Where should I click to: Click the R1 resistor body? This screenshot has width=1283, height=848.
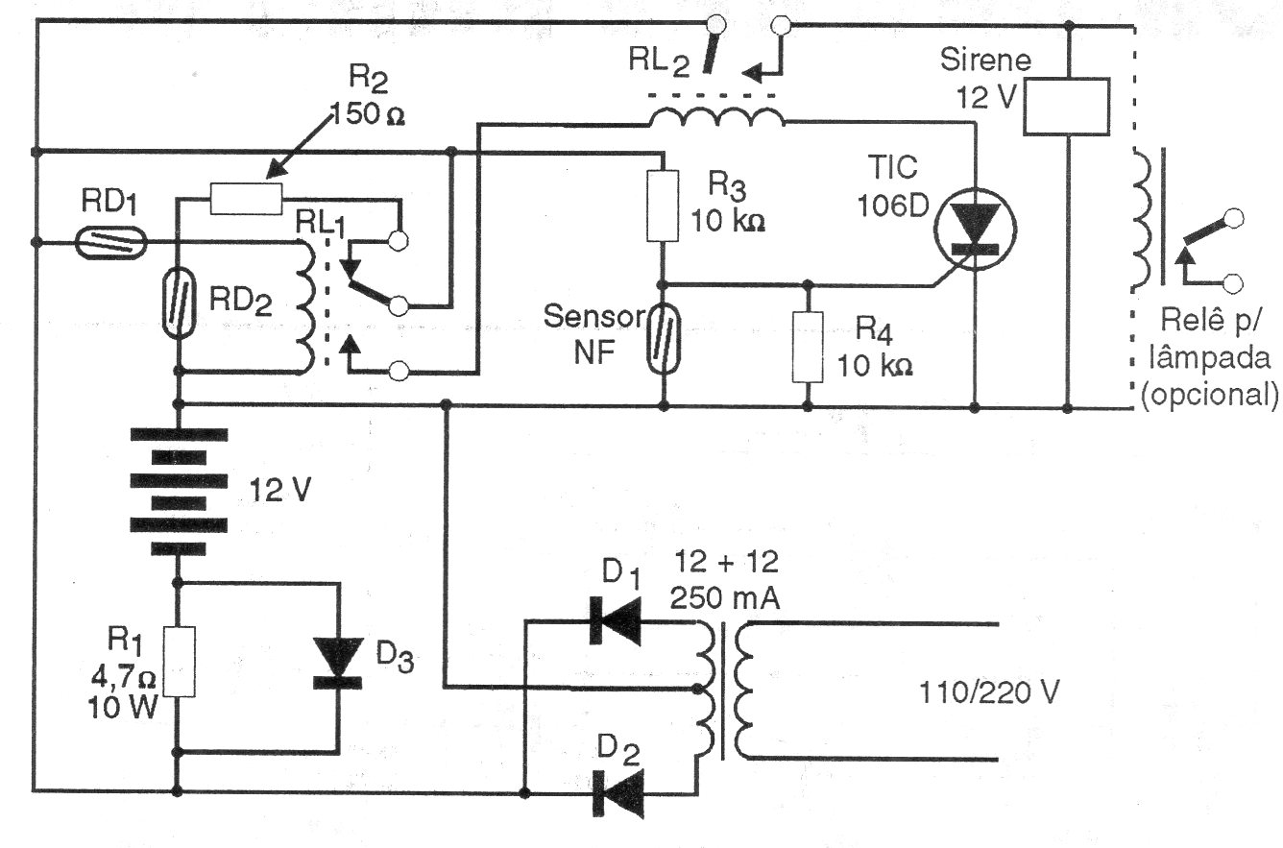coord(179,662)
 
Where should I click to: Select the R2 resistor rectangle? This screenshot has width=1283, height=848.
coord(246,200)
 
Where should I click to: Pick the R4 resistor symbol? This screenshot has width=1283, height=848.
coord(807,348)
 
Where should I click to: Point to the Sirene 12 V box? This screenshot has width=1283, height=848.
coord(1067,106)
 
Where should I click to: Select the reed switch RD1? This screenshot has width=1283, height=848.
coord(110,242)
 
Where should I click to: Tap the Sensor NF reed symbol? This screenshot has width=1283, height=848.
coord(663,341)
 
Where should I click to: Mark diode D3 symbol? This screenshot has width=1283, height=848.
coord(338,665)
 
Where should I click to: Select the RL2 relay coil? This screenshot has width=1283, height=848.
coord(716,119)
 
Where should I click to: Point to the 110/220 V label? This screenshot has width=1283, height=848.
coord(989,692)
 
